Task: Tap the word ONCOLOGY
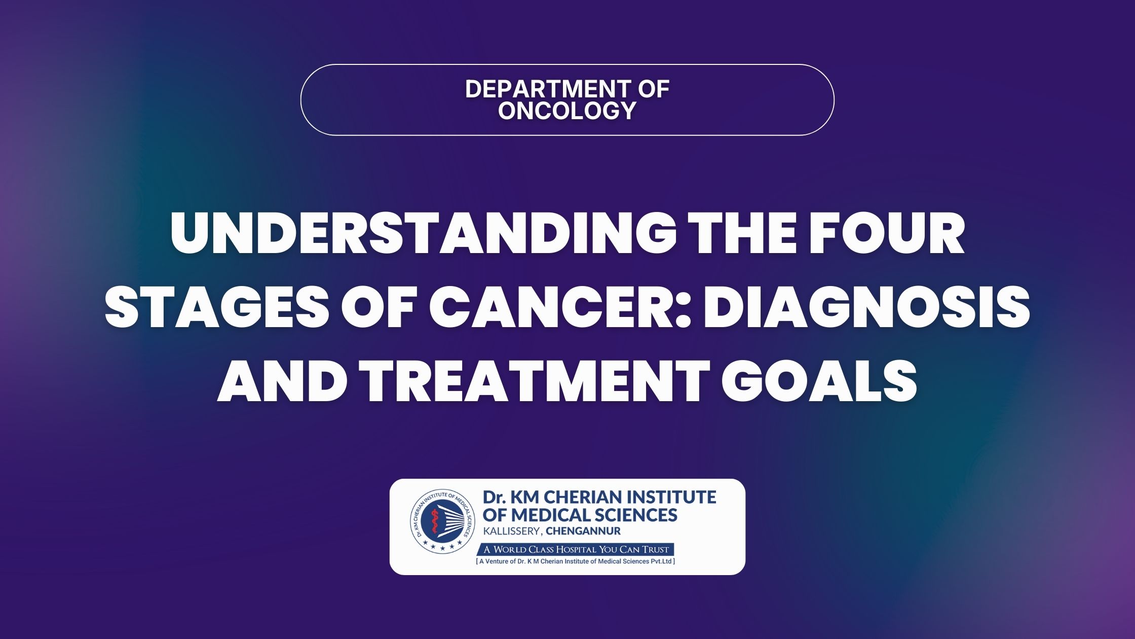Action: coord(567,111)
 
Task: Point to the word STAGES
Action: coord(217,307)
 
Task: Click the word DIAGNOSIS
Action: coord(866,307)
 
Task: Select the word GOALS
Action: coord(820,381)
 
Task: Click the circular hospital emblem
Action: coord(443,524)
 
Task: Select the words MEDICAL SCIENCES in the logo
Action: coord(594,515)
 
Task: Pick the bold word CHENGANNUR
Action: coord(583,531)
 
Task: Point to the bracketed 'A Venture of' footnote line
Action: coord(576,561)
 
